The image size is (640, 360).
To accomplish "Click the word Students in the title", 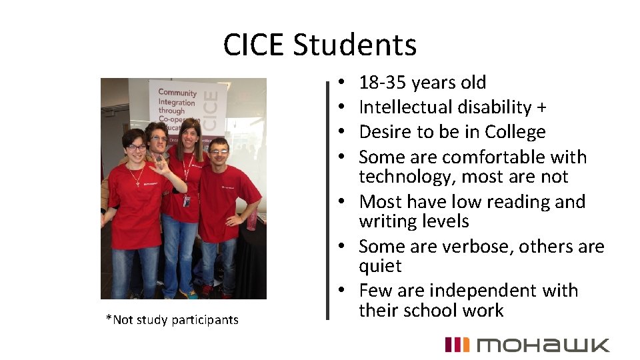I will point(355,45).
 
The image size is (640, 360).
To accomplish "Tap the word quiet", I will point(380,267).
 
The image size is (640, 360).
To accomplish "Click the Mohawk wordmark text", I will point(543,345).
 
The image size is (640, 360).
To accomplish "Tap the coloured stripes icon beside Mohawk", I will point(457,345).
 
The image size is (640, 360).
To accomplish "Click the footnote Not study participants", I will point(172,320).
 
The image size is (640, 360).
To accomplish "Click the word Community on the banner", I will point(177,94).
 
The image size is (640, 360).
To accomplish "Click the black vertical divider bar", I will point(327,199).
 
